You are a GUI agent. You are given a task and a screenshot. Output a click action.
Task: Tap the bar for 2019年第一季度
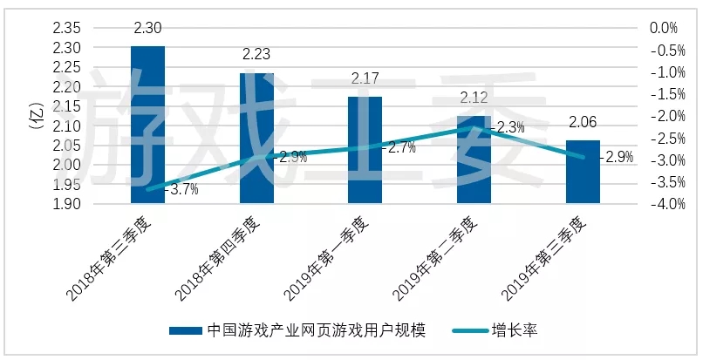tap(365, 150)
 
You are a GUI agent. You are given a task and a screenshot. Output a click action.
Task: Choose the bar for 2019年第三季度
tap(583, 172)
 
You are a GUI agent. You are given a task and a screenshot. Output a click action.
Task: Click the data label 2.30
tap(147, 30)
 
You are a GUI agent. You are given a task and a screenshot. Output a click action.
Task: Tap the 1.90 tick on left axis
tap(67, 204)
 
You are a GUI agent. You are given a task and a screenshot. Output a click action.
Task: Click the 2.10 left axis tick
tap(67, 126)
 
